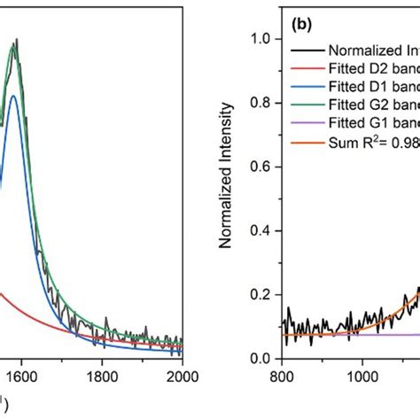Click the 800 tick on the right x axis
282,375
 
